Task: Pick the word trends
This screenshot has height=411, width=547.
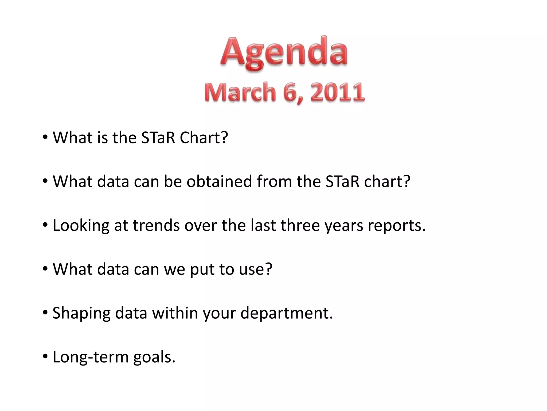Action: tap(156, 225)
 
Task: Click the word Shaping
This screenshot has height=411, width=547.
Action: tap(81, 314)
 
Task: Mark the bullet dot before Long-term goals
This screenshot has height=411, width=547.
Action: tap(45, 357)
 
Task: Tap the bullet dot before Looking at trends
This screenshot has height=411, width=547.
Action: tap(45, 225)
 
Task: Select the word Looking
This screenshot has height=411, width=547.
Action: tap(81, 226)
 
